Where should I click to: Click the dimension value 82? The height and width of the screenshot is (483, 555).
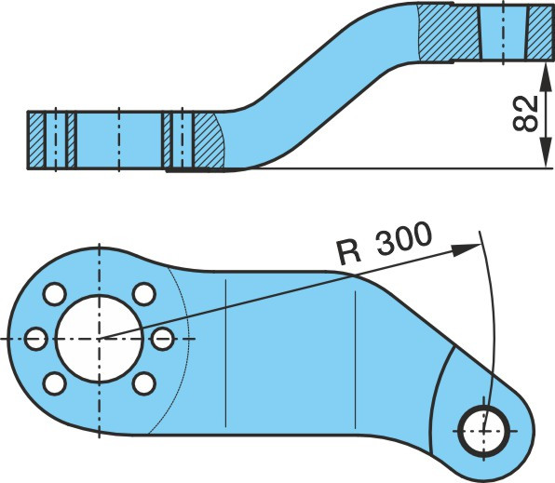[x=525, y=114]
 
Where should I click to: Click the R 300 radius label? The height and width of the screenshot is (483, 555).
[x=385, y=243]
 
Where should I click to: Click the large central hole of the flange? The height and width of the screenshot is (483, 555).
[x=100, y=339]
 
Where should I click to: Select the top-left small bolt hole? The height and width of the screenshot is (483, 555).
[x=54, y=294]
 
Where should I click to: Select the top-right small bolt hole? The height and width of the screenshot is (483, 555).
[x=144, y=294]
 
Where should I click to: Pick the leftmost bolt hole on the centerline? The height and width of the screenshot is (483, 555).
[x=36, y=339]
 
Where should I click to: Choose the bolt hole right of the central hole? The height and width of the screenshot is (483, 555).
[x=162, y=339]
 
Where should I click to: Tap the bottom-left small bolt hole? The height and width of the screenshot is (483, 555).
[x=54, y=383]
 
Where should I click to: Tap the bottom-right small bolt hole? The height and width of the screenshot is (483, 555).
[x=144, y=383]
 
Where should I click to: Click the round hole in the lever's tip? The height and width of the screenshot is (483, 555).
[x=484, y=431]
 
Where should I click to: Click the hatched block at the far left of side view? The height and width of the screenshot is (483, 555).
[x=35, y=140]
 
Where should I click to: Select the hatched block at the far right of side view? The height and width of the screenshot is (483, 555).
[x=539, y=32]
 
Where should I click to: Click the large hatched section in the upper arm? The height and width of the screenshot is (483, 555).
[x=449, y=33]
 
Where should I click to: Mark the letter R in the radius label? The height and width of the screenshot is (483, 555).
[x=349, y=252]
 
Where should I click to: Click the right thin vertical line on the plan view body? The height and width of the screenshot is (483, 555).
[x=355, y=360]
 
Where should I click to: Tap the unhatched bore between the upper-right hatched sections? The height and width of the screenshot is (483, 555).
[x=503, y=32]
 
